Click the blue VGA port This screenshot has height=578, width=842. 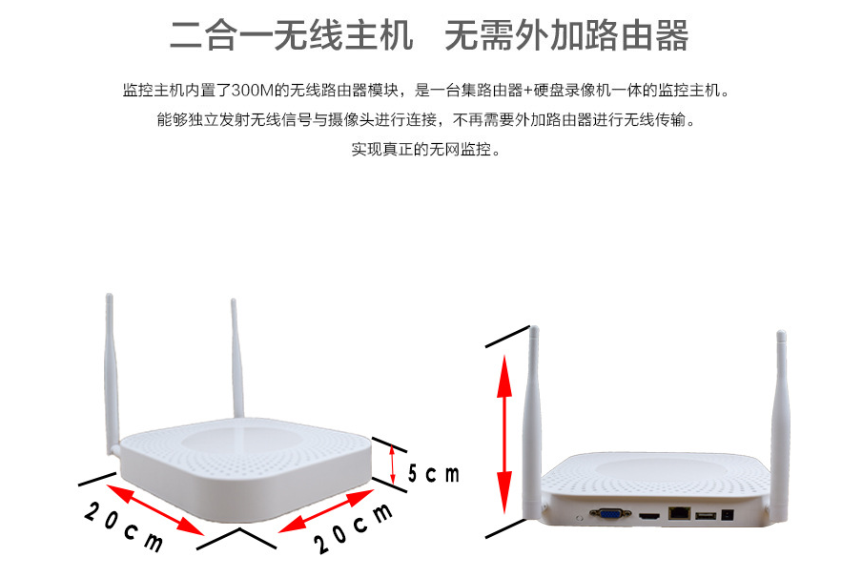click(610, 514)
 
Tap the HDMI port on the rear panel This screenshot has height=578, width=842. click(648, 517)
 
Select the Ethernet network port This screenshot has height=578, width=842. click(679, 512)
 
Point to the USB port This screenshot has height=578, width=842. click(706, 516)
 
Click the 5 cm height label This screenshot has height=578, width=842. click(434, 474)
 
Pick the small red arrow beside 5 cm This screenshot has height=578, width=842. click(393, 464)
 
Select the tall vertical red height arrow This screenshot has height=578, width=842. click(504, 434)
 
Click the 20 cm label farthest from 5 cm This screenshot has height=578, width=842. click(124, 526)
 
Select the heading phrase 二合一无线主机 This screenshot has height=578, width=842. click(292, 35)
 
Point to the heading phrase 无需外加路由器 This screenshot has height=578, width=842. click(566, 35)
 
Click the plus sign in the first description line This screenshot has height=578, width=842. click(528, 91)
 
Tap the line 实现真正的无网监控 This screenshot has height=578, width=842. click(426, 149)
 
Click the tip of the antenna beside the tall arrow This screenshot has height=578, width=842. click(534, 327)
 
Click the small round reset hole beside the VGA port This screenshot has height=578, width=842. click(578, 518)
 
